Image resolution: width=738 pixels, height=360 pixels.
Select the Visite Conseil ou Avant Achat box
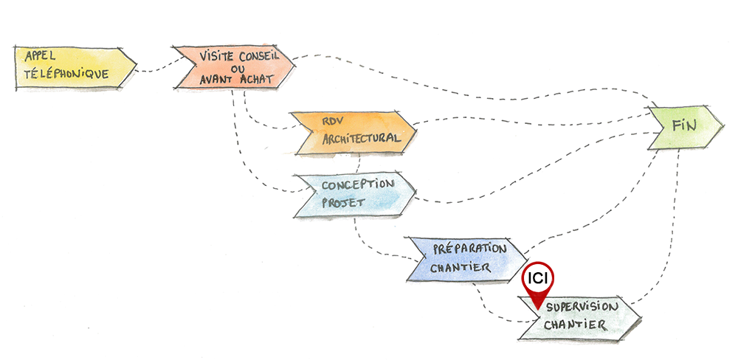[x=232, y=67]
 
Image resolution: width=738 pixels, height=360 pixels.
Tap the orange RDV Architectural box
[x=354, y=132]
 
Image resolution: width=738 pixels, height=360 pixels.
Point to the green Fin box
[x=683, y=127]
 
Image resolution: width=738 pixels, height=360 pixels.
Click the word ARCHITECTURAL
[x=362, y=138]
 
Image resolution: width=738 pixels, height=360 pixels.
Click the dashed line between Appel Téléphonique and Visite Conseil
[x=154, y=70]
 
